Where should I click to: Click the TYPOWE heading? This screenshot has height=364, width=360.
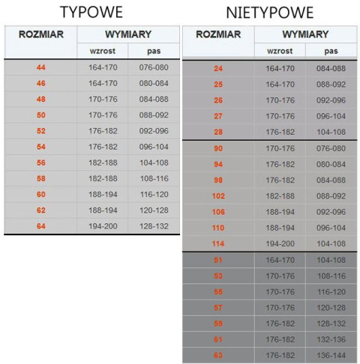click(x=92, y=12)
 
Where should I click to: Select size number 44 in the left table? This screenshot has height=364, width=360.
click(x=40, y=67)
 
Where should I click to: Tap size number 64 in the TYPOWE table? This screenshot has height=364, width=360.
click(x=40, y=225)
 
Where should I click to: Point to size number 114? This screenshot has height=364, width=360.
click(x=218, y=243)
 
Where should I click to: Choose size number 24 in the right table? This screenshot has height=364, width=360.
click(x=218, y=69)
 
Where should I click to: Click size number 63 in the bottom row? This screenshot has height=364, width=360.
click(x=218, y=355)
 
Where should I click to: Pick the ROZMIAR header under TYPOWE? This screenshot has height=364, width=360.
click(x=40, y=34)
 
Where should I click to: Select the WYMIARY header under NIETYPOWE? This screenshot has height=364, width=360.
click(x=305, y=35)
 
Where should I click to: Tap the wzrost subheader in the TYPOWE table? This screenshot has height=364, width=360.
click(x=102, y=51)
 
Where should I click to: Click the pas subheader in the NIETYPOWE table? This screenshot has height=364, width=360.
click(x=331, y=51)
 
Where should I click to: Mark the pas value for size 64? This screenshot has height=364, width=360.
click(x=154, y=225)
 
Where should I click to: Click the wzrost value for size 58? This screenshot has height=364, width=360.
click(x=102, y=178)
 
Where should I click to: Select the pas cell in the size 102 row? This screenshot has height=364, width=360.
click(x=331, y=195)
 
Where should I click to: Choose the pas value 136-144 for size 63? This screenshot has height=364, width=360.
click(x=331, y=355)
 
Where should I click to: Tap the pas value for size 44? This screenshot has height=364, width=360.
click(x=154, y=67)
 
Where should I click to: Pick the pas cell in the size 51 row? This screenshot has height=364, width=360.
click(x=331, y=260)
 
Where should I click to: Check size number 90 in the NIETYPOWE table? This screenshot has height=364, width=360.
click(x=218, y=148)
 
